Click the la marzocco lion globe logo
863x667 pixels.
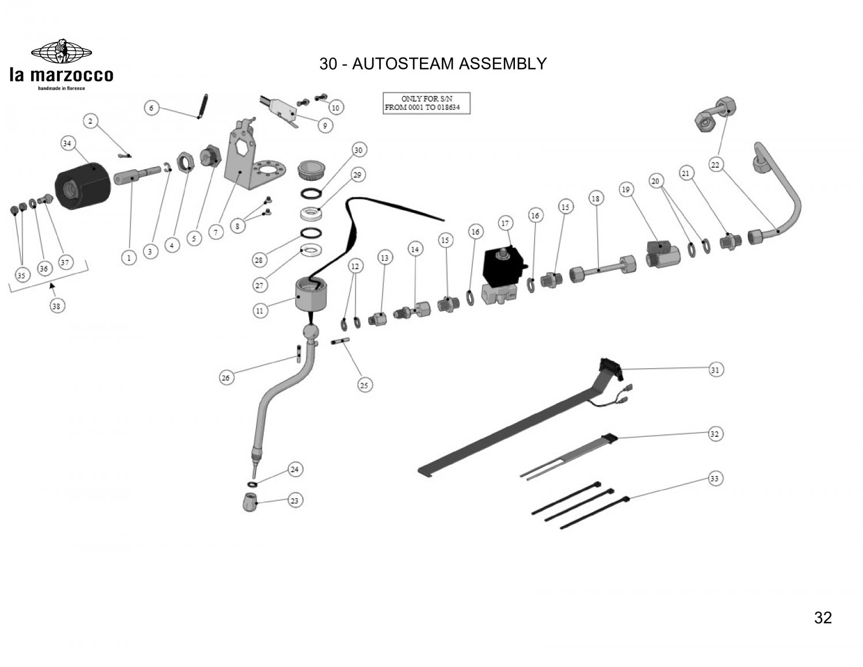61,52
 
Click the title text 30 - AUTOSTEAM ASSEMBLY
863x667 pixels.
433,63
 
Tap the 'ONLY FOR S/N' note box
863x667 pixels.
426,103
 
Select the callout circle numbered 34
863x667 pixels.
68,143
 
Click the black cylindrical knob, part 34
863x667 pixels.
82,184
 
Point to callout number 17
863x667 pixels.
505,223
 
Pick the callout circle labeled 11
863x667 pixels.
260,311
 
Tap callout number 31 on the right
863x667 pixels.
715,369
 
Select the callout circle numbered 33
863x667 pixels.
715,478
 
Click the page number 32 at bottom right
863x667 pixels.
823,618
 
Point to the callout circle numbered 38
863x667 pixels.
56,306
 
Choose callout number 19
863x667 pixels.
626,189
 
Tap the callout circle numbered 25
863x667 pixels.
364,385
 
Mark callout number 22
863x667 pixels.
715,165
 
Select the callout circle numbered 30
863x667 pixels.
359,150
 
